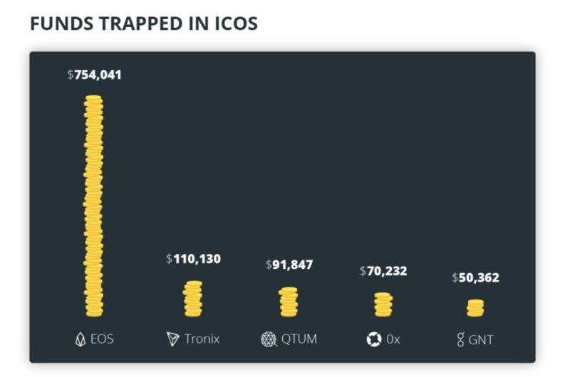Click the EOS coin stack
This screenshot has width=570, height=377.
[93, 206]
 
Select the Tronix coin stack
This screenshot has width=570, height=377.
[192, 299]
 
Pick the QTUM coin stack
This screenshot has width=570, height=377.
[289, 302]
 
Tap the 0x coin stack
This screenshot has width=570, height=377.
[383, 304]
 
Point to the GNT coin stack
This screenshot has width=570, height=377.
[475, 308]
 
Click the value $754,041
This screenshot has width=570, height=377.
[94, 74]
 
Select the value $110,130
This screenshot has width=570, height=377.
[193, 259]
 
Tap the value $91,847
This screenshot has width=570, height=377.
[289, 265]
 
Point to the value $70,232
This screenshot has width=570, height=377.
[383, 270]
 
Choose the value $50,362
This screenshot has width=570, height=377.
[475, 277]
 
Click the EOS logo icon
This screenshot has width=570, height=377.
[80, 339]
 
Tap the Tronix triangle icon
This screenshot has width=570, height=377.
[172, 339]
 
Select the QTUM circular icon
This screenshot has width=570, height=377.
[268, 339]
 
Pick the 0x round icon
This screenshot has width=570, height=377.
[374, 339]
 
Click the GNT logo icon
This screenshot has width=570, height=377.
[460, 339]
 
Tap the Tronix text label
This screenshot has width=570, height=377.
[202, 339]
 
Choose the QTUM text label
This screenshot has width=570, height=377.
[299, 339]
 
